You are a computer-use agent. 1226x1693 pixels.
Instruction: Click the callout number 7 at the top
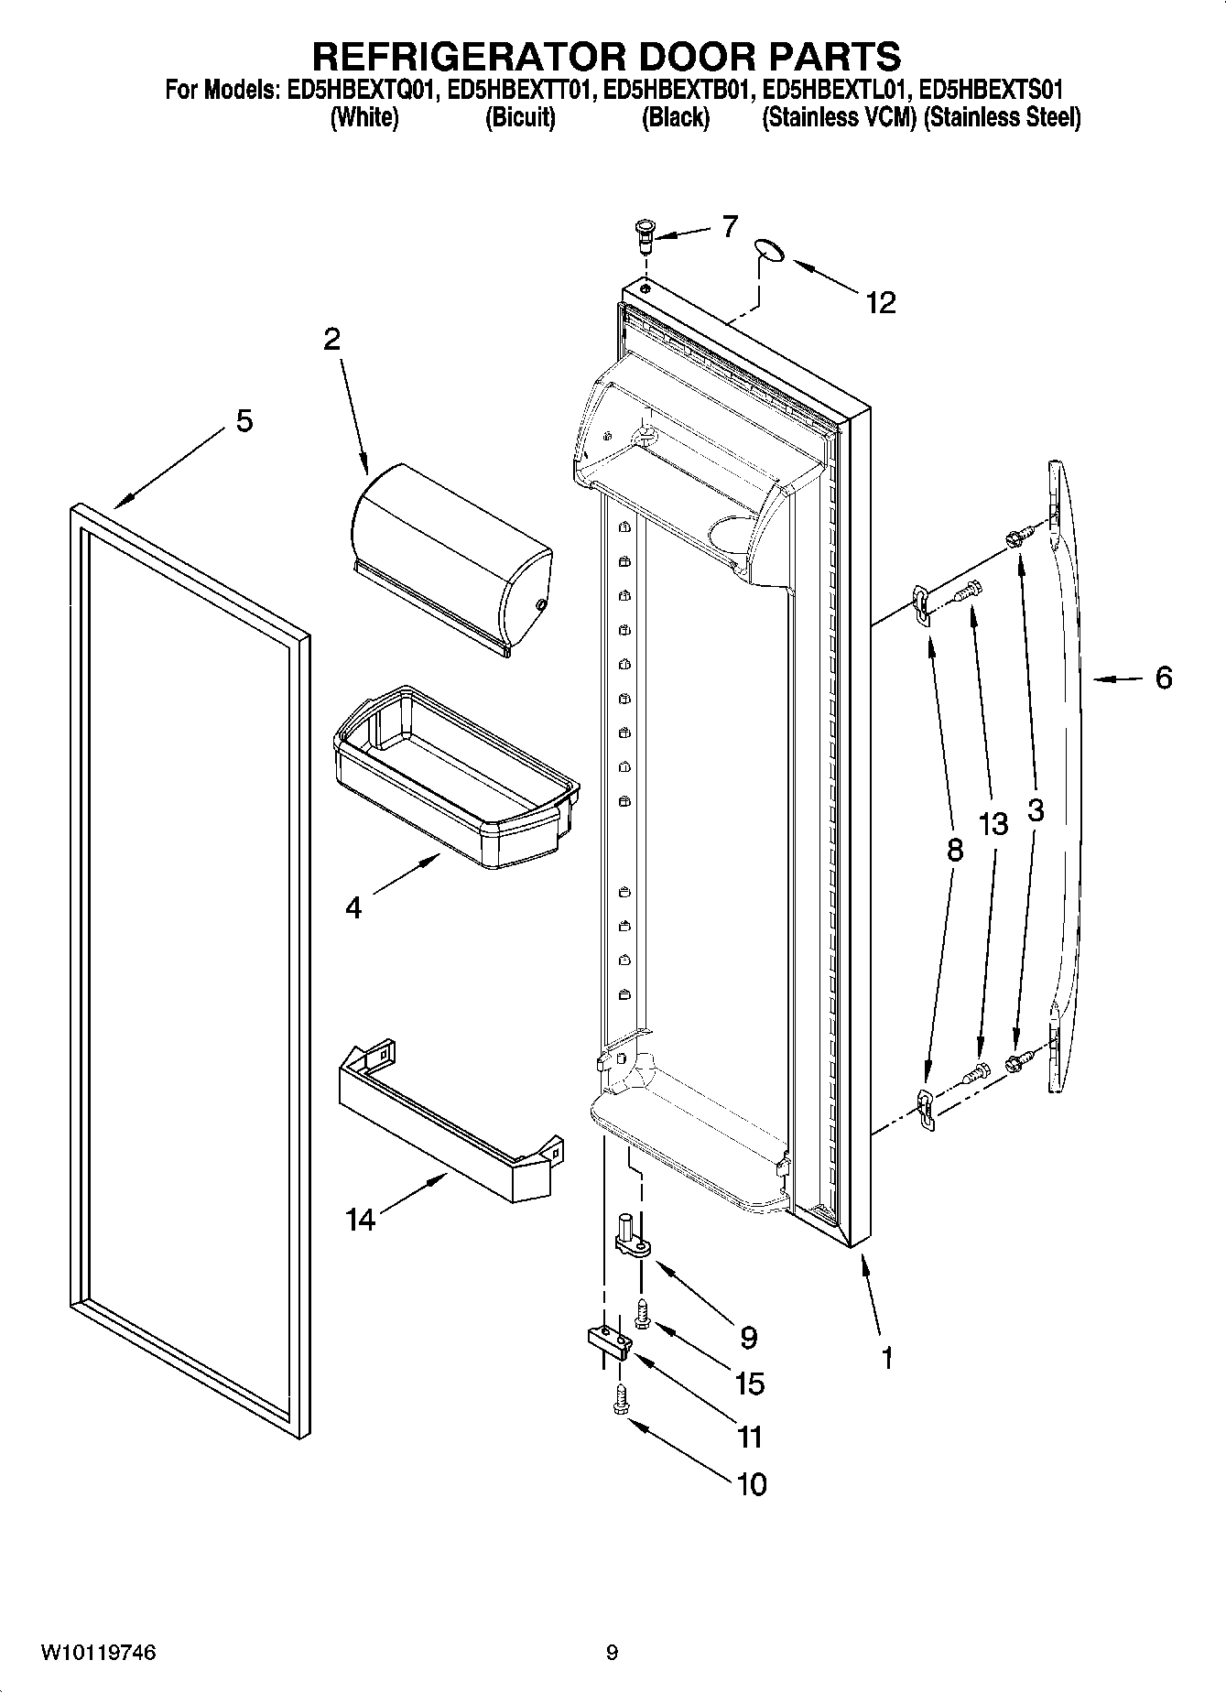729,227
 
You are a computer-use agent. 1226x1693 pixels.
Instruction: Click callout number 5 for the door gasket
244,422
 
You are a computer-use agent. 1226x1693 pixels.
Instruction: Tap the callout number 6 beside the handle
1163,678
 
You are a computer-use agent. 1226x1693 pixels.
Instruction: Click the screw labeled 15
643,1313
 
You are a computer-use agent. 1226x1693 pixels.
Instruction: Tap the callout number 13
993,824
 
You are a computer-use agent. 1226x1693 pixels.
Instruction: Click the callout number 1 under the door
885,1358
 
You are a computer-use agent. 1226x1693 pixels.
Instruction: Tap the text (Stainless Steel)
1003,117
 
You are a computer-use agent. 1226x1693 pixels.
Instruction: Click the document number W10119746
99,1653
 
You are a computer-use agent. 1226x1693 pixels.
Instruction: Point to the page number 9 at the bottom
612,1653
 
